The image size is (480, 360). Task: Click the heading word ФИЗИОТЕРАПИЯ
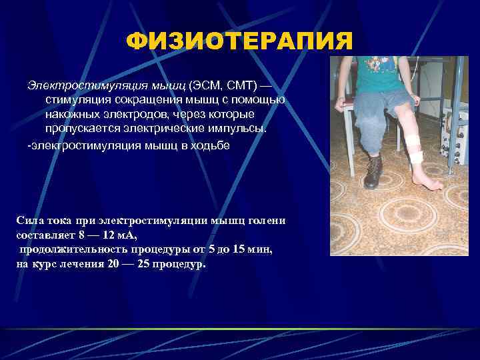point(239,43)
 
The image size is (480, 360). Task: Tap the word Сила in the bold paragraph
point(29,221)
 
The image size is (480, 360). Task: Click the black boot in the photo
point(373,172)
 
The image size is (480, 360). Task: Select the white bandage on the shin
point(413,148)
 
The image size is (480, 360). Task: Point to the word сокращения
point(141,100)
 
